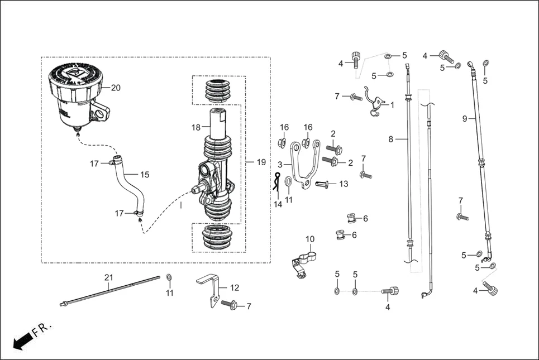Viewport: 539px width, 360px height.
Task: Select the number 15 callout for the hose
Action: [145, 175]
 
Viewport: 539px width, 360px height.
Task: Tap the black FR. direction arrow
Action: [21, 339]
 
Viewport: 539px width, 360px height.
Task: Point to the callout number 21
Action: [108, 277]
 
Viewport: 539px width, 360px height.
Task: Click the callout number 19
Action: [261, 162]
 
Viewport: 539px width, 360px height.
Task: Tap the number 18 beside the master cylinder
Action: [196, 127]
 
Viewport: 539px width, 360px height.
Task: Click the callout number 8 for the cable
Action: [391, 139]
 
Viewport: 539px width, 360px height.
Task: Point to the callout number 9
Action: [465, 118]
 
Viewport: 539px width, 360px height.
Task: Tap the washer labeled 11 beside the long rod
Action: [169, 277]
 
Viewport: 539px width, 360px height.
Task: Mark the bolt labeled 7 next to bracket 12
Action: [230, 305]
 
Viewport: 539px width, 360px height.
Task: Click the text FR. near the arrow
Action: [41, 327]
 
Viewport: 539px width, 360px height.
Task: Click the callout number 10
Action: [310, 239]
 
